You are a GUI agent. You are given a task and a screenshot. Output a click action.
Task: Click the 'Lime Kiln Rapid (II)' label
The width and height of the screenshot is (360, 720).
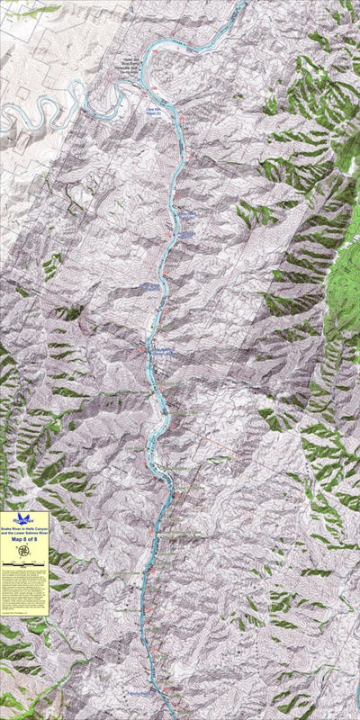click(x=157, y=112)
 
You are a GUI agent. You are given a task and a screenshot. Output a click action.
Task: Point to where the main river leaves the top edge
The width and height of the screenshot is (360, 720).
click(x=242, y=3)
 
